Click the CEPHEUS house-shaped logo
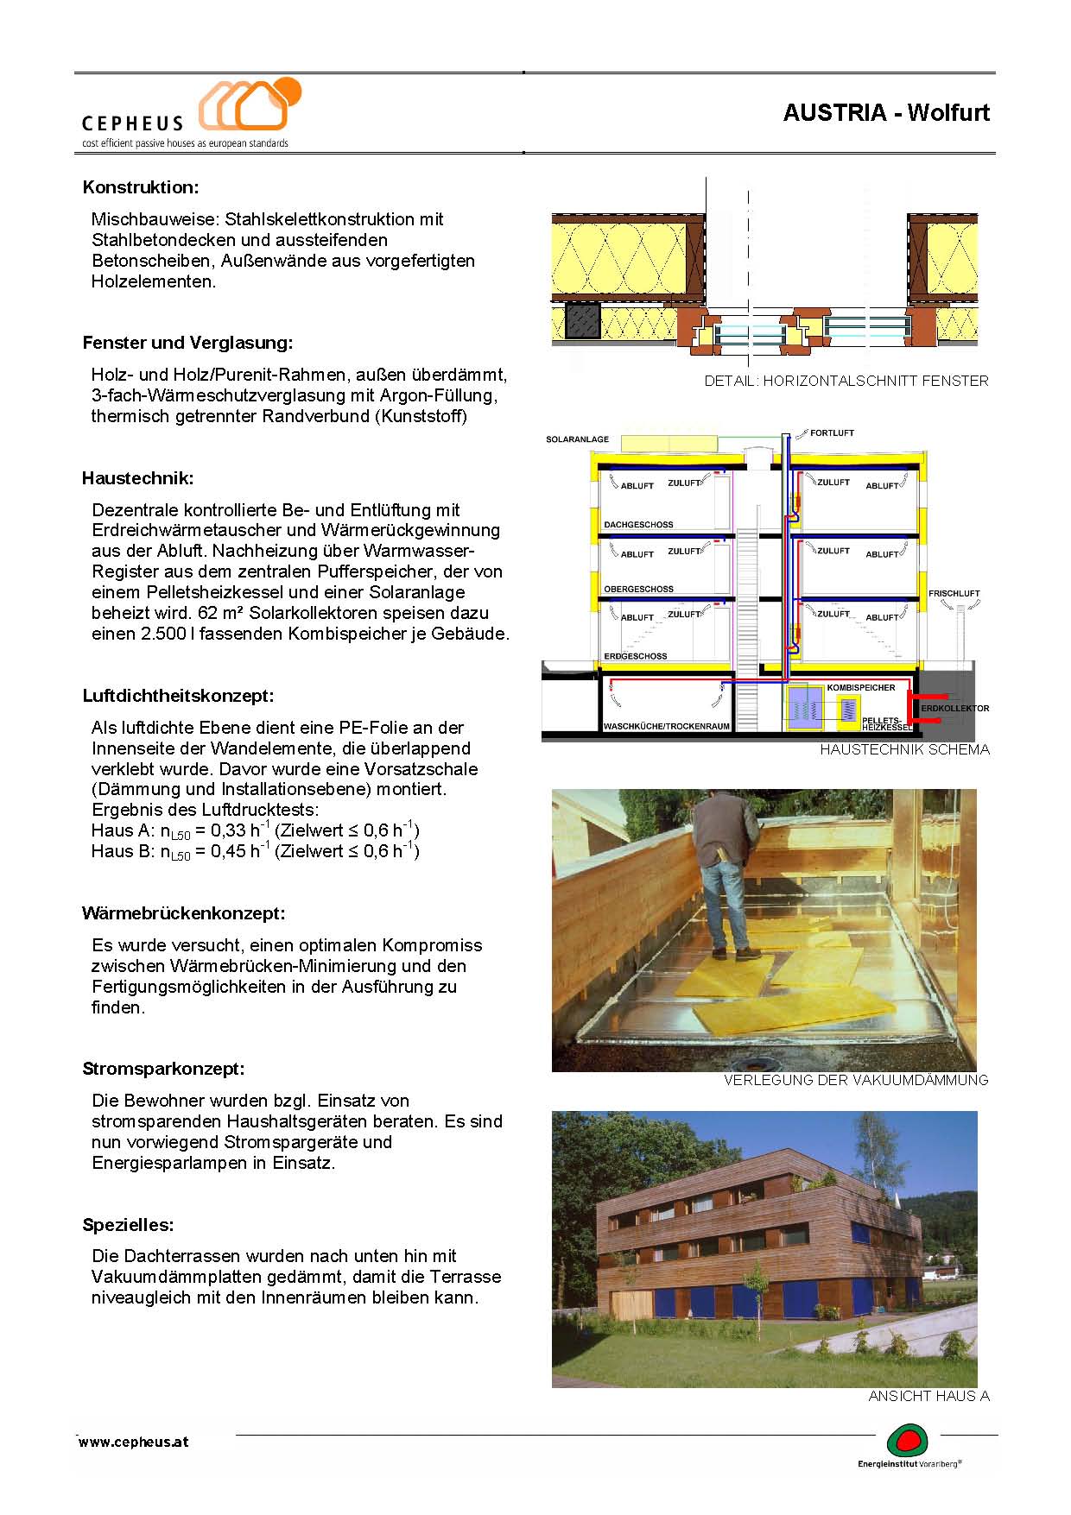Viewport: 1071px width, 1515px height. pos(249,105)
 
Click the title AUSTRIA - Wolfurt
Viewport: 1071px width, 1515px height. pos(886,113)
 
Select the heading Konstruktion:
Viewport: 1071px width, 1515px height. pos(141,187)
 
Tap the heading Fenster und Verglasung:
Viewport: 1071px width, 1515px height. pos(187,343)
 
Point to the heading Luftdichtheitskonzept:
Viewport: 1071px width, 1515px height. pos(178,696)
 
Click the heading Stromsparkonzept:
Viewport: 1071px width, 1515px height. pos(163,1069)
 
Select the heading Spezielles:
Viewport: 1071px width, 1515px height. pos(128,1225)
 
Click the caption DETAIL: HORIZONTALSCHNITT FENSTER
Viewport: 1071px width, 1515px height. pos(846,381)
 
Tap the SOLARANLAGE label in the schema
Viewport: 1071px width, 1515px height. pos(577,439)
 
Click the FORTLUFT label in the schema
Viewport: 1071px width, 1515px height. pos(832,432)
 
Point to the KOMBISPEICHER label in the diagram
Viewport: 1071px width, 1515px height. pos(861,687)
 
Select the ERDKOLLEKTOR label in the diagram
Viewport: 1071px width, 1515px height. pos(955,709)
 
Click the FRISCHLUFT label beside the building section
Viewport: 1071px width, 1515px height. pos(954,594)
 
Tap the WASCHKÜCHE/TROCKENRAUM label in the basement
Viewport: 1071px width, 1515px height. pos(666,727)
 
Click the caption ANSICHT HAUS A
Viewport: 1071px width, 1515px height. pos(928,1396)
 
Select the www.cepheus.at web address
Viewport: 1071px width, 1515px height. pos(134,1442)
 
